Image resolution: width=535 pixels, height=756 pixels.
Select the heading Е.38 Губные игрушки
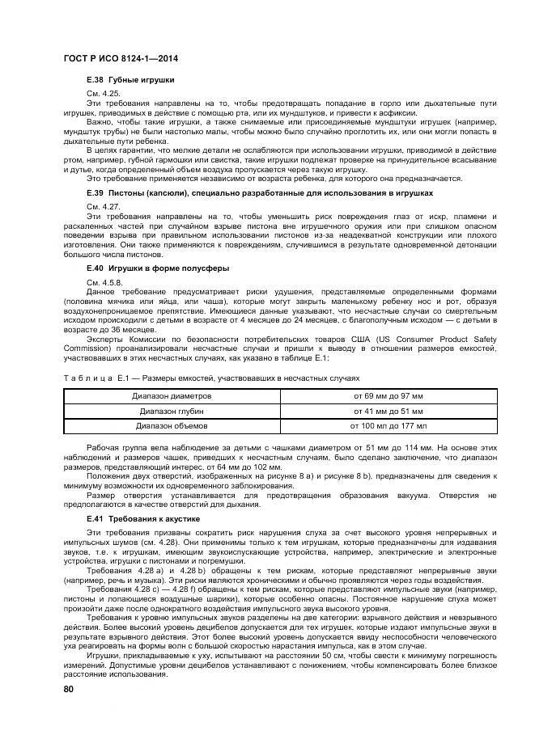click(130, 80)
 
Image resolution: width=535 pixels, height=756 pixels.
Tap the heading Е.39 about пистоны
click(259, 194)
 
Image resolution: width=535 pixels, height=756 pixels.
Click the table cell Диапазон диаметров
click(172, 396)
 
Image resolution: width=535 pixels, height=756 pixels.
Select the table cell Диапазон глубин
click(172, 410)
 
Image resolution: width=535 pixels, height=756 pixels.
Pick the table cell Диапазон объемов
click(172, 424)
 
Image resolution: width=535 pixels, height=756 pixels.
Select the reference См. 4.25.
click(101, 95)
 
